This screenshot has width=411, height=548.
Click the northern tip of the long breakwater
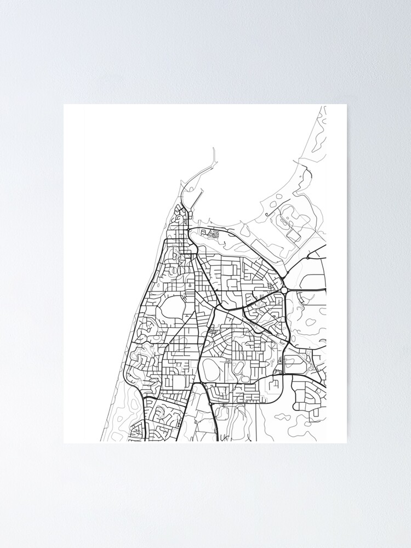click(x=213, y=149)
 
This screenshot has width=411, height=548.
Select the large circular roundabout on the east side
click(x=284, y=290)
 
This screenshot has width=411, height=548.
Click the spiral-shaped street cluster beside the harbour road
click(x=213, y=234)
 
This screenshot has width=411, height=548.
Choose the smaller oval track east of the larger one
click(x=238, y=368)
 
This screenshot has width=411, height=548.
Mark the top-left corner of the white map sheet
click(x=64, y=104)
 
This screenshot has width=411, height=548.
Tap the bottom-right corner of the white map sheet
click(x=346, y=443)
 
